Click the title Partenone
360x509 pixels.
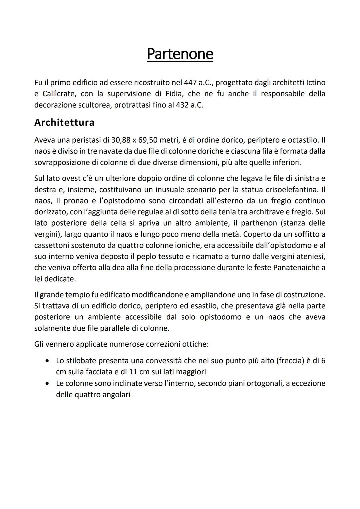pyautogui.click(x=180, y=54)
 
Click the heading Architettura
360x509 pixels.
pyautogui.click(x=64, y=122)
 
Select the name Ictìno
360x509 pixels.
pyautogui.click(x=313, y=82)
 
